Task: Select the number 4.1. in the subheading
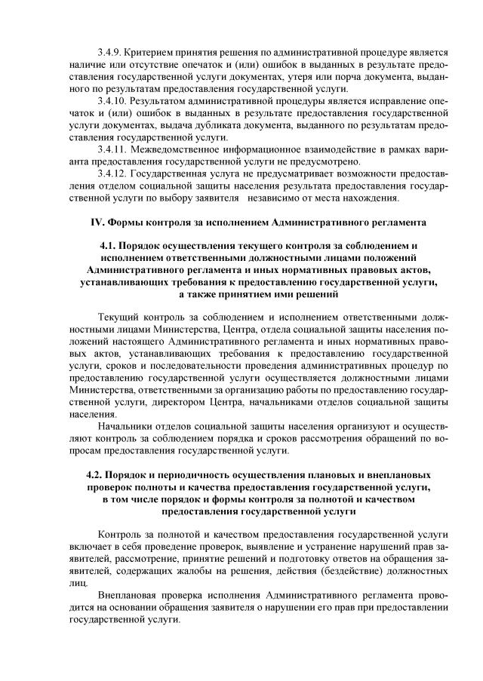[109, 246]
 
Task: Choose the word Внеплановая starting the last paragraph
[131, 595]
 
